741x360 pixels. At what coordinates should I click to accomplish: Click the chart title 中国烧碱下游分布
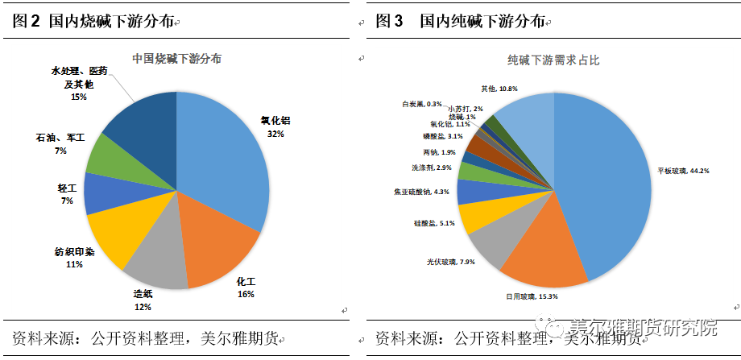pos(176,59)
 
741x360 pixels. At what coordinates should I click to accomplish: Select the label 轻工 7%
pos(66,193)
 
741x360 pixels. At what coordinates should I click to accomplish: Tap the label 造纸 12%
pos(143,300)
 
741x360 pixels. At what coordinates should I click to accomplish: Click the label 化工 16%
pos(246,288)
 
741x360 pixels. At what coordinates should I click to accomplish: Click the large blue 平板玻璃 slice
pos(604,185)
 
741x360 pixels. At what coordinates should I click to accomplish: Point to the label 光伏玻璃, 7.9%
pos(452,262)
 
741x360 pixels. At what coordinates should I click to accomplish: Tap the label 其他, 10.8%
pos(499,88)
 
